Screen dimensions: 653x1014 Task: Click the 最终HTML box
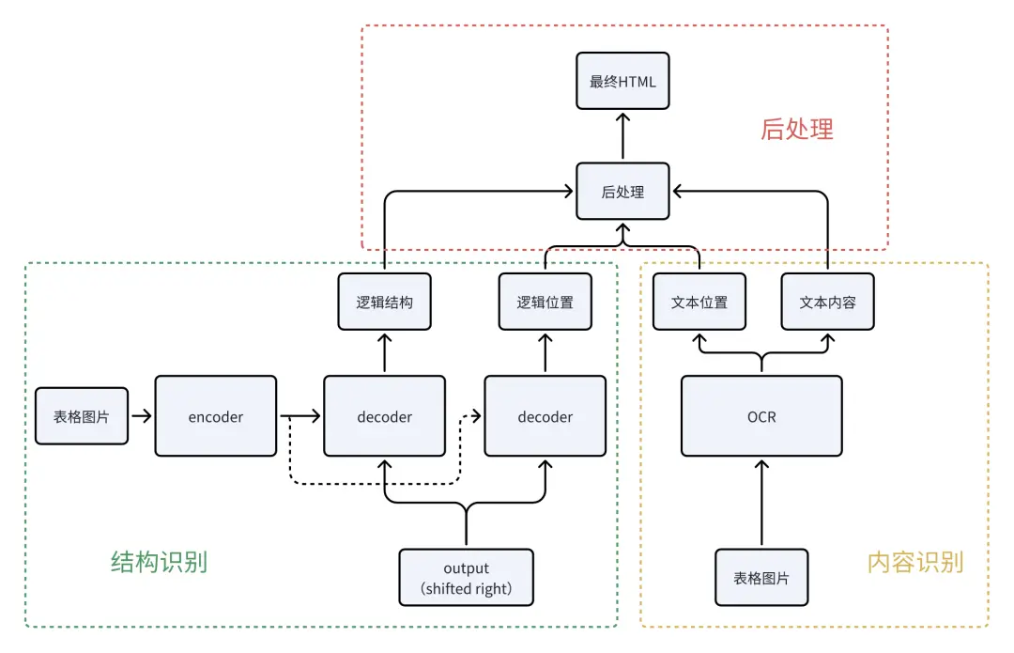point(622,81)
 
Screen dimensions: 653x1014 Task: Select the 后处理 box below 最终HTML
point(622,192)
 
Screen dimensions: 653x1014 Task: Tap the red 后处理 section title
point(796,129)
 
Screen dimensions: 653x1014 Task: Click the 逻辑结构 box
point(384,302)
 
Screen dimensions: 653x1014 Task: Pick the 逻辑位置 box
point(545,302)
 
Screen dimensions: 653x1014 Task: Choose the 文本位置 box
point(699,302)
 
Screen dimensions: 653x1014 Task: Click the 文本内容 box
point(827,302)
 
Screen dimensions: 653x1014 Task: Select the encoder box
point(216,416)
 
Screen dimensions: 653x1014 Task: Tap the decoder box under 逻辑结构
point(384,416)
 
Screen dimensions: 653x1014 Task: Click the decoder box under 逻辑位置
point(545,416)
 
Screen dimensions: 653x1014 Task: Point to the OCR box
point(761,416)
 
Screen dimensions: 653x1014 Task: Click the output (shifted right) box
point(466,578)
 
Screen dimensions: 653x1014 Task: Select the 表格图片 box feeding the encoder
point(82,415)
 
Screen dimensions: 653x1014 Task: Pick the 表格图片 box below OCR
point(761,578)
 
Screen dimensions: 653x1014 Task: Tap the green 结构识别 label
point(159,562)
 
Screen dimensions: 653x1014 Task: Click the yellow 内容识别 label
point(914,562)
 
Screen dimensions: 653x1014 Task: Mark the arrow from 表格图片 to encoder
point(141,415)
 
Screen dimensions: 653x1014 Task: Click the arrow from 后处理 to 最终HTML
point(622,136)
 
